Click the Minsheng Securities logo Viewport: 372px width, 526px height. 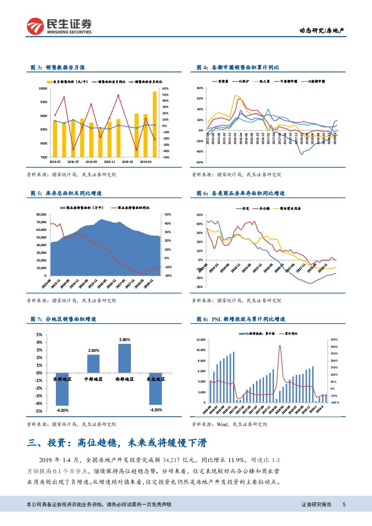tap(58, 27)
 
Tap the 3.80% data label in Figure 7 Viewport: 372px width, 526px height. tap(124, 339)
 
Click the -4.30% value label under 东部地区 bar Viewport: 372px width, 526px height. tap(62, 410)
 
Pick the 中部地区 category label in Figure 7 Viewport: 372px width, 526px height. tap(93, 379)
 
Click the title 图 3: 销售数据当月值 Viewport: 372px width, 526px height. tap(58, 67)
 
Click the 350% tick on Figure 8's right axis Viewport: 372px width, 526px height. tap(334, 339)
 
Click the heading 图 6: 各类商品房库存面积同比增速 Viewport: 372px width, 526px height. tap(241, 193)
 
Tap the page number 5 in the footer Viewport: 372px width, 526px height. tap(344, 504)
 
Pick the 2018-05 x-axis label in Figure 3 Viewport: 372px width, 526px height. tap(55, 161)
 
